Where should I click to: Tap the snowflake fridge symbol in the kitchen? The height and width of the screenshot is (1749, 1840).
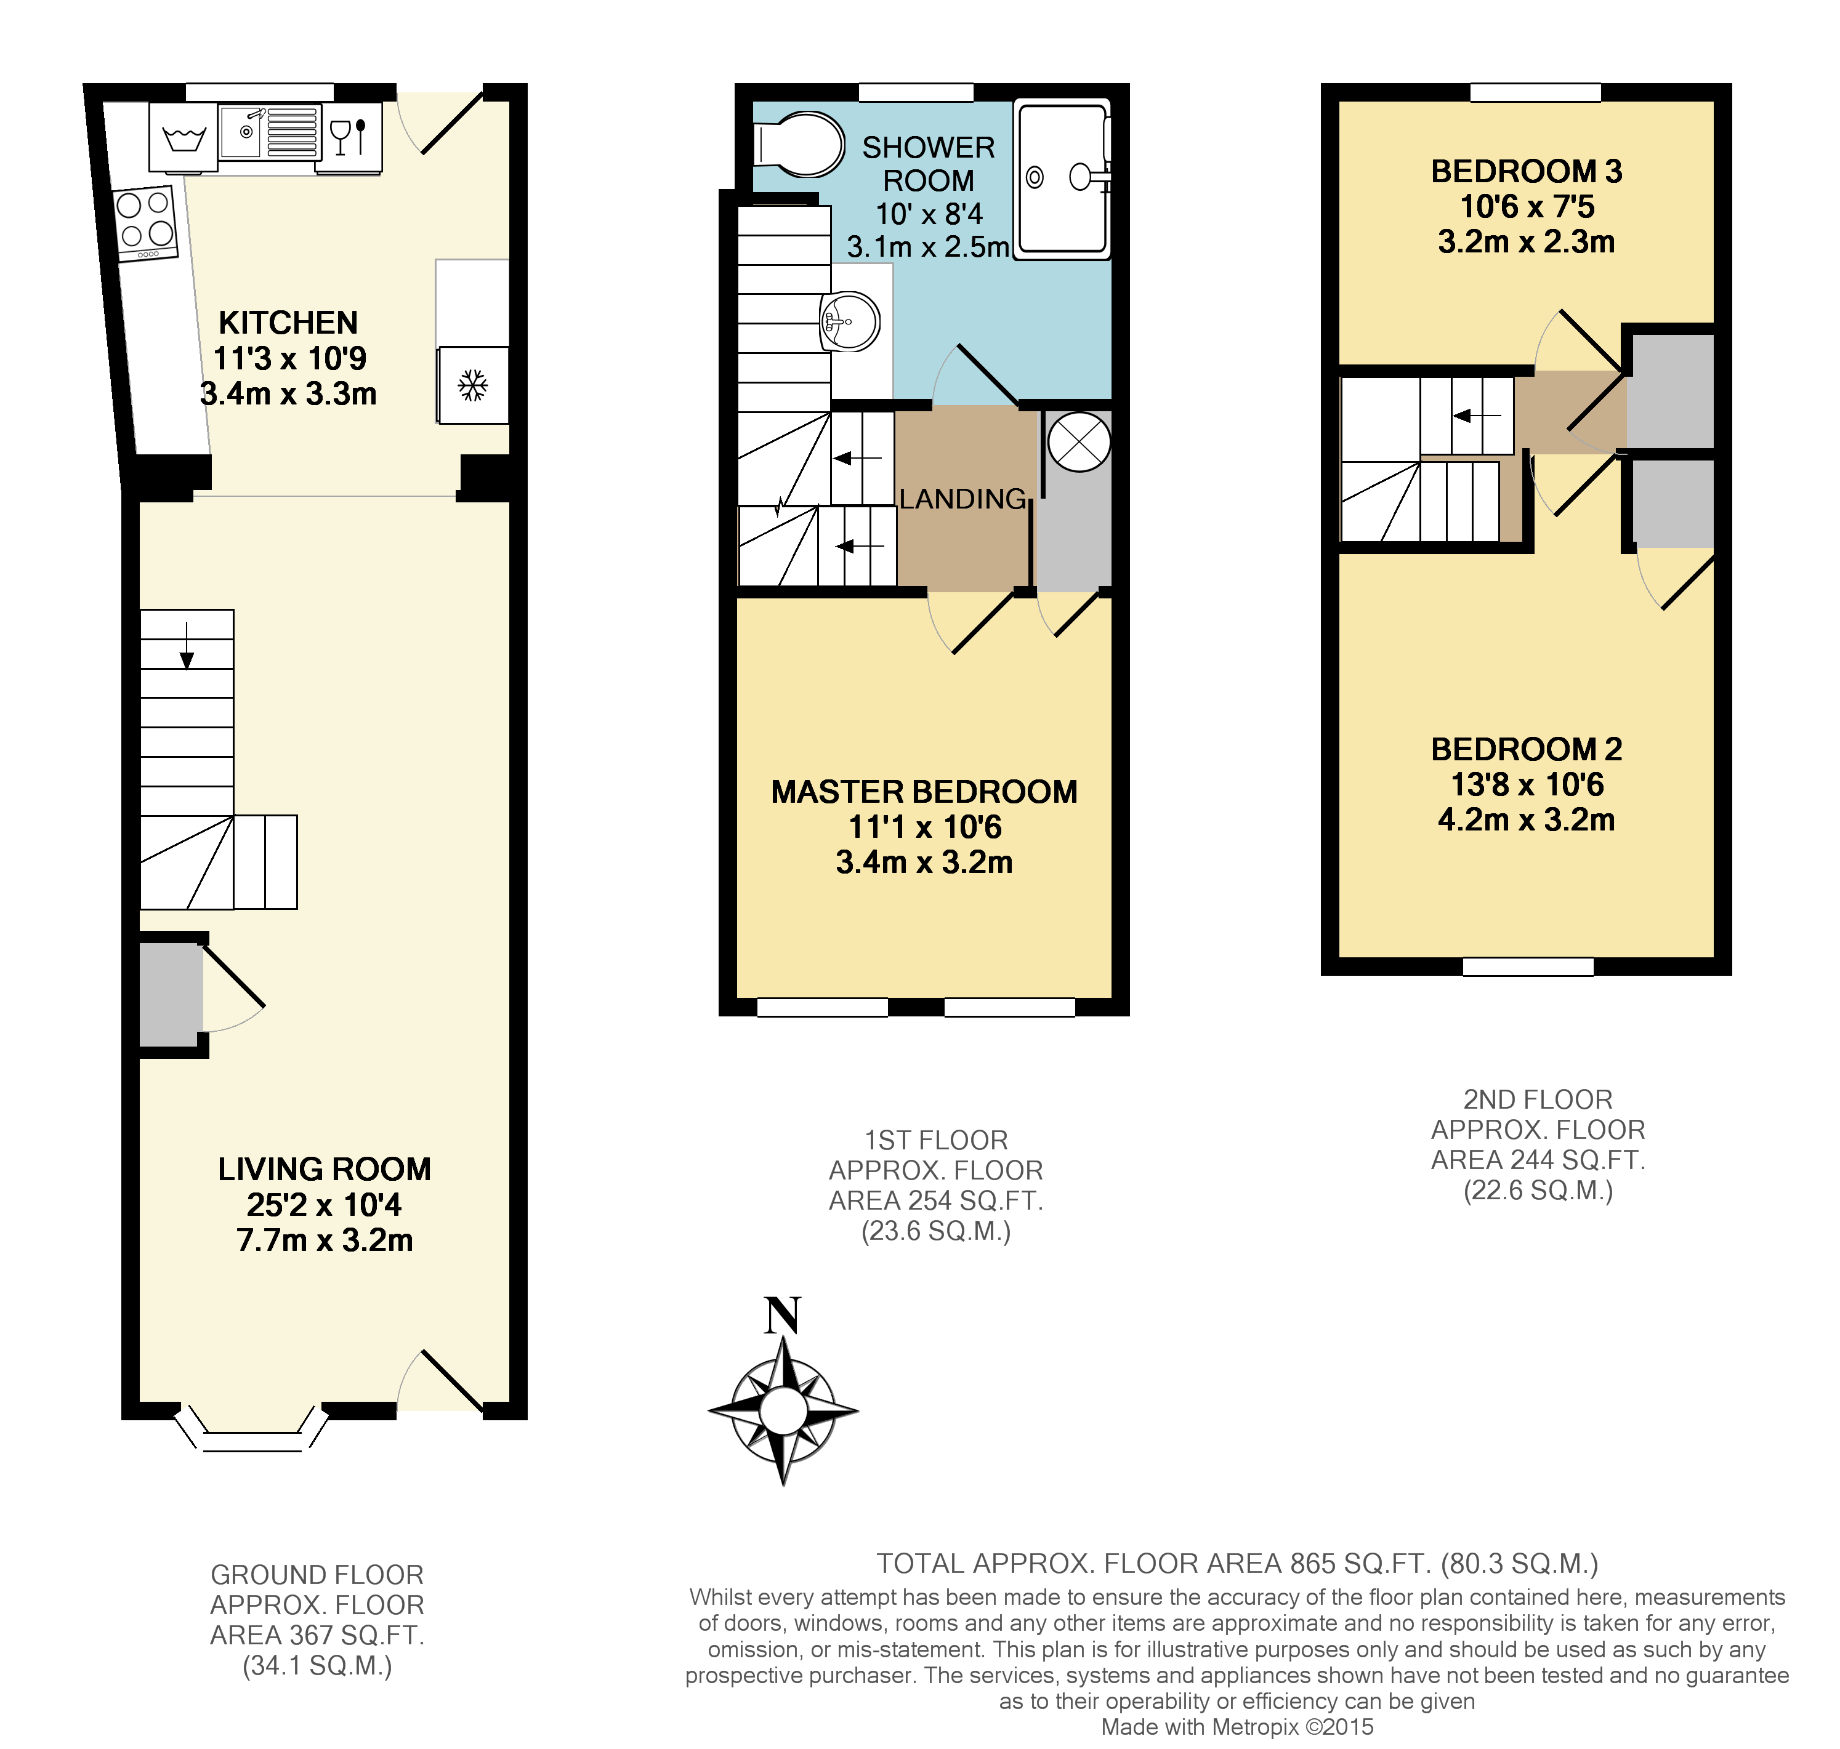tap(473, 385)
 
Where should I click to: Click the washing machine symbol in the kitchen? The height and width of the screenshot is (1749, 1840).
tap(184, 137)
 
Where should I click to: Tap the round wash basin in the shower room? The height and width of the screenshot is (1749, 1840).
tap(850, 321)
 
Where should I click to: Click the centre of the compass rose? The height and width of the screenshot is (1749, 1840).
tap(783, 1410)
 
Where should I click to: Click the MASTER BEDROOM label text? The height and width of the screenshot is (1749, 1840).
tap(923, 792)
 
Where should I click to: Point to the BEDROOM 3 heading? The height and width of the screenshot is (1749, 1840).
tap(1526, 172)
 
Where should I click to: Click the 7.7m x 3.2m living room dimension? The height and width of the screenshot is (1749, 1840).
tap(324, 1240)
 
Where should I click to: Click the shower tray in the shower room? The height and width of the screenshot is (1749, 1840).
tap(1062, 177)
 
